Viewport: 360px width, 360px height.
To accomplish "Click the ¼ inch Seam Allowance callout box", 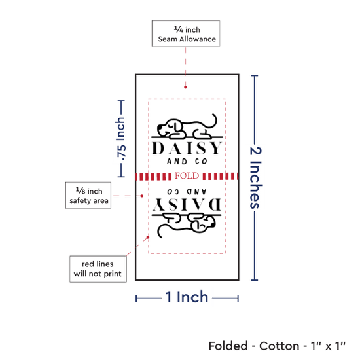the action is (186, 33).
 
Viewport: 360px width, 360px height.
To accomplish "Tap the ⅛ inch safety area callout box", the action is (88, 196).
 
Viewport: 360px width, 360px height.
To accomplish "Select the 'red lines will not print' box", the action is (98, 269).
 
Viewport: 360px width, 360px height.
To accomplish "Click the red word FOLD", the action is (187, 176).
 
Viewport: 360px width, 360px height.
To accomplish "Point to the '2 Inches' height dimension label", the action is (255, 177).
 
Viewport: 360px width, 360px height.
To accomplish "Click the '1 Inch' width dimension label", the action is (187, 297).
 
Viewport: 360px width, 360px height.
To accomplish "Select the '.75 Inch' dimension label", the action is (121, 139).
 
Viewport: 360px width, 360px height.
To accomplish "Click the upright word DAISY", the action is (187, 148).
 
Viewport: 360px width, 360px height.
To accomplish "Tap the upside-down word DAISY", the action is (187, 204).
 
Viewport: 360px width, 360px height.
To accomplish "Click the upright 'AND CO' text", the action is (187, 162).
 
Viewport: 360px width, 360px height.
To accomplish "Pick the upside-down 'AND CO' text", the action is (187, 192).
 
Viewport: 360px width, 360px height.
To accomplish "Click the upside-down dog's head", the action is (203, 223).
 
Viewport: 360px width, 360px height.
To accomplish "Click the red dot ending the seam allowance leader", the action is (185, 87).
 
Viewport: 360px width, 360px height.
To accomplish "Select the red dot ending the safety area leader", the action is (142, 196).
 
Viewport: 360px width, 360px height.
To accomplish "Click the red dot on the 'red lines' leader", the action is (148, 237).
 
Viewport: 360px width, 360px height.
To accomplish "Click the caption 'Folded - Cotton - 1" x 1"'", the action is (277, 346).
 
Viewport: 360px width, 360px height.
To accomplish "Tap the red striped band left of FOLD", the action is (153, 177).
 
